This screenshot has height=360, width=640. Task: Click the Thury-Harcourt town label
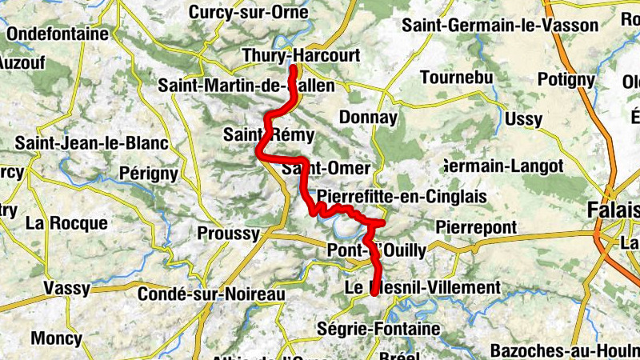click(x=300, y=55)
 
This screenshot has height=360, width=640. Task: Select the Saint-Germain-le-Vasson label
click(x=500, y=26)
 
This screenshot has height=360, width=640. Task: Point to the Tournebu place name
click(x=454, y=78)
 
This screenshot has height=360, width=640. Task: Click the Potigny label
click(x=566, y=79)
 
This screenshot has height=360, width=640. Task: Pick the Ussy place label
click(x=524, y=120)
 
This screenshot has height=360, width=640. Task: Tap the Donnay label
click(x=368, y=118)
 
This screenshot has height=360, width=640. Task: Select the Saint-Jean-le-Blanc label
click(x=92, y=143)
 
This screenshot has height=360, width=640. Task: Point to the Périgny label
click(x=147, y=173)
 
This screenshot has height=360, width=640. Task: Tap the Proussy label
click(x=228, y=234)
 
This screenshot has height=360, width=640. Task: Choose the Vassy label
click(x=68, y=288)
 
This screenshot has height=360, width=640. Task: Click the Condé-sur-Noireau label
click(x=212, y=294)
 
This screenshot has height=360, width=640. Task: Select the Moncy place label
click(x=56, y=338)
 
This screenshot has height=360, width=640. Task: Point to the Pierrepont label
click(x=476, y=228)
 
